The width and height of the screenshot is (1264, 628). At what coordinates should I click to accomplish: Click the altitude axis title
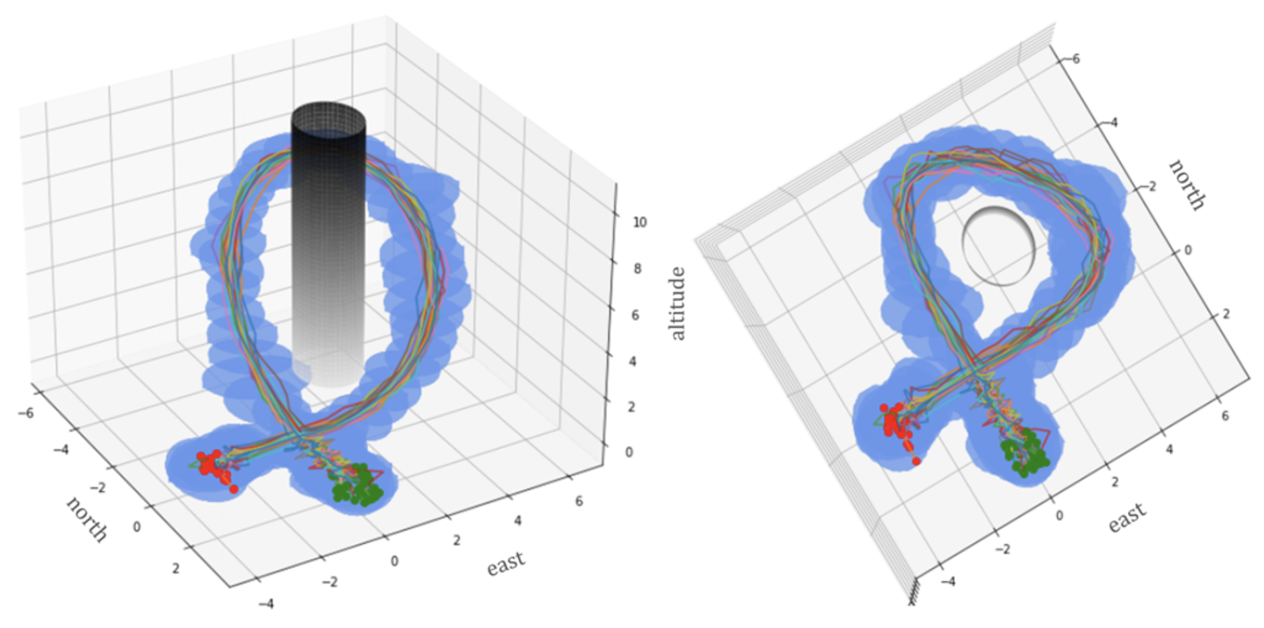pyautogui.click(x=677, y=303)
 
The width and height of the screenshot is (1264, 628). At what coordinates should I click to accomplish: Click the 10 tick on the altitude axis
pyautogui.click(x=639, y=222)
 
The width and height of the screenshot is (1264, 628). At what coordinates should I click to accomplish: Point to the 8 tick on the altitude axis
pyautogui.click(x=637, y=268)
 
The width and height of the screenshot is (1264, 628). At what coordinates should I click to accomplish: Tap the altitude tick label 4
pyautogui.click(x=633, y=361)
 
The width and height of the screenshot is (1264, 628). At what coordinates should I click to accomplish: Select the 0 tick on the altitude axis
pyautogui.click(x=629, y=451)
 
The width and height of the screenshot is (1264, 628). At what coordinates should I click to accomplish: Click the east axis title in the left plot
pyautogui.click(x=505, y=563)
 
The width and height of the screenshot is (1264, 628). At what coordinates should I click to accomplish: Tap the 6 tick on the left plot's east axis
pyautogui.click(x=579, y=501)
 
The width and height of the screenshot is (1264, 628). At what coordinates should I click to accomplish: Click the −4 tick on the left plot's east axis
pyautogui.click(x=266, y=604)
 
